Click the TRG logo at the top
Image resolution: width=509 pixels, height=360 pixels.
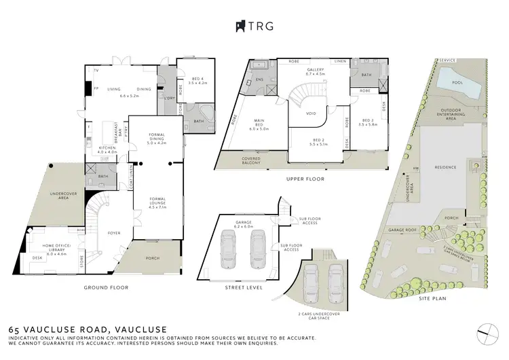point(254,26)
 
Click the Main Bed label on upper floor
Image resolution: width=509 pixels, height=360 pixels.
point(260,124)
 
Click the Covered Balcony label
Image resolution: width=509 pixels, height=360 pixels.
point(254,162)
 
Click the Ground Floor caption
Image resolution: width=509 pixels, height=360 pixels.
point(105,287)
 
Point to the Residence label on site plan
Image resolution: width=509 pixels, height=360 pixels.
point(446,166)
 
